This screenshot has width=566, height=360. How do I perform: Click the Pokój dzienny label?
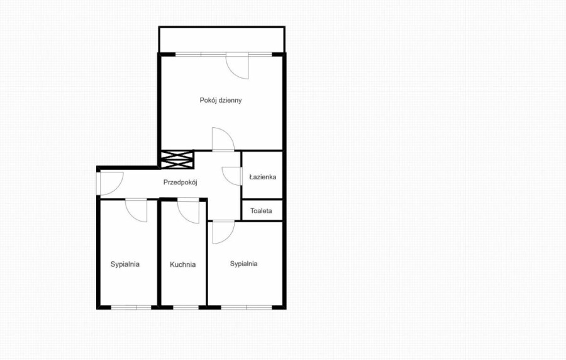click(221, 100)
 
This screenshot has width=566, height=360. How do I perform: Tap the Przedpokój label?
click(180, 183)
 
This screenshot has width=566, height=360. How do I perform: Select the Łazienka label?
click(263, 177)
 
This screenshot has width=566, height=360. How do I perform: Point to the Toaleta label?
click(261, 210)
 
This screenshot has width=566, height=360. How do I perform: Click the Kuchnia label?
click(182, 265)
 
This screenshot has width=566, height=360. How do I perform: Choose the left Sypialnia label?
click(125, 264)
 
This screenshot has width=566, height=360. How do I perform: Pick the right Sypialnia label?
click(243, 264)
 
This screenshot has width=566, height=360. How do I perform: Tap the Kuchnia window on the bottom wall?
click(186, 308)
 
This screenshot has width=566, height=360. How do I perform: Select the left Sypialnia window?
click(131, 308)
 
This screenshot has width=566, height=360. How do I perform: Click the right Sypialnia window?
click(247, 308)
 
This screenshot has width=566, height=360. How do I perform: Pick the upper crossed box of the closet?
click(177, 155)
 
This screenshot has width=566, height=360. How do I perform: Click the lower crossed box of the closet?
click(177, 165)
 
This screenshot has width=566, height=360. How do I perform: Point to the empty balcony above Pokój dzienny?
click(222, 40)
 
